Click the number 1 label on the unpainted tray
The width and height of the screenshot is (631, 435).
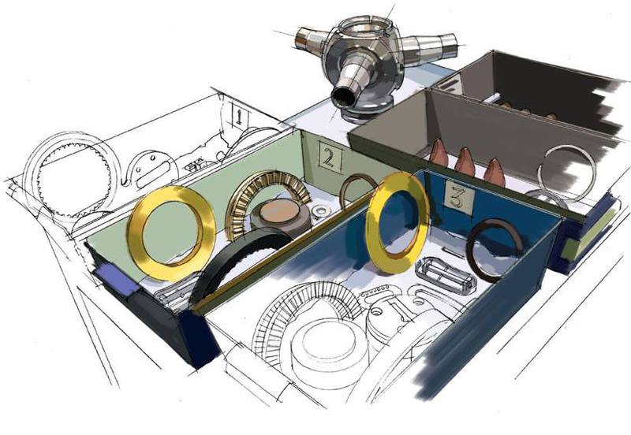238,116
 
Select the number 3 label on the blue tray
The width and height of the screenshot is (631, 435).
458,197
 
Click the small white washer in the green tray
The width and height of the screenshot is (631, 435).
321,210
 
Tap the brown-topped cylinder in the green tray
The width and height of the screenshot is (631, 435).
281,217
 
